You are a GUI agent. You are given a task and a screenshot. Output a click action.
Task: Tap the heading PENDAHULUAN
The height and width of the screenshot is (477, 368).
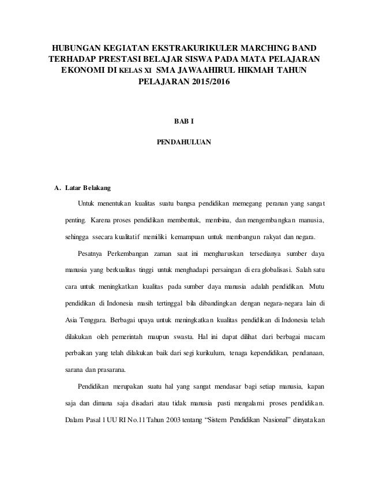(x=183, y=140)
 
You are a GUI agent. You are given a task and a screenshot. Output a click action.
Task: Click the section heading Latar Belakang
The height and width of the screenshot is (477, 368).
(x=89, y=188)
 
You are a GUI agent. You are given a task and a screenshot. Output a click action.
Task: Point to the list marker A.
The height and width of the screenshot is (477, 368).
(x=57, y=188)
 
